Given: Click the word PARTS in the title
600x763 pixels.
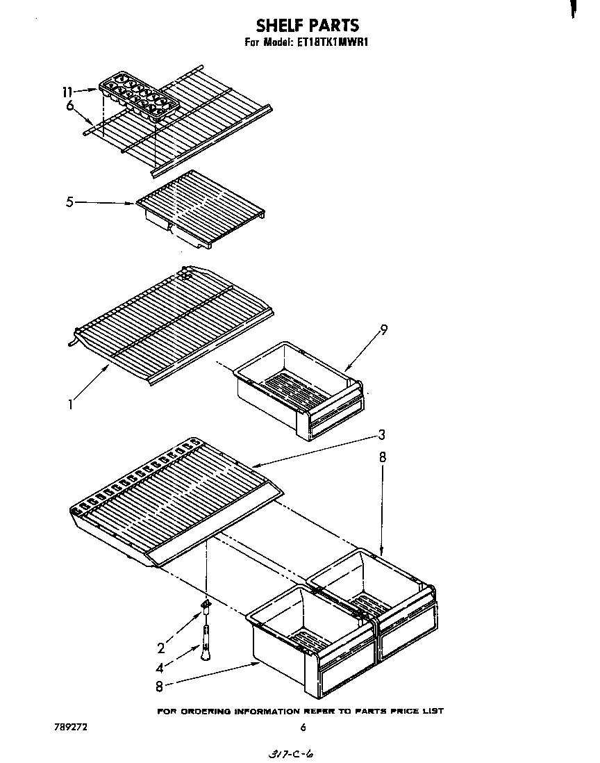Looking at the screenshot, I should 333,26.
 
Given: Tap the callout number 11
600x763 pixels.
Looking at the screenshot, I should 67,91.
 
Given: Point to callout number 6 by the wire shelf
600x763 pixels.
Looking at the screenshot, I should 69,106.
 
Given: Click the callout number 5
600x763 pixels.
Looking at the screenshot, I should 69,203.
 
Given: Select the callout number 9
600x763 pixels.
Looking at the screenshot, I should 383,330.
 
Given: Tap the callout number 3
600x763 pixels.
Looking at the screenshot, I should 382,435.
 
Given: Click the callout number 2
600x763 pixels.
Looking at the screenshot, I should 161,648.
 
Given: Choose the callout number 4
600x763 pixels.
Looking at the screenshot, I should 160,669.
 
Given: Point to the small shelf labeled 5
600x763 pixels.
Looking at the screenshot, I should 201,208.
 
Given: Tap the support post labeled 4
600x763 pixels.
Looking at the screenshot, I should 206,643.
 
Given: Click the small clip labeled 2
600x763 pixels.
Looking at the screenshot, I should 206,607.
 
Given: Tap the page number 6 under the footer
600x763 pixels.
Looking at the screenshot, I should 303,728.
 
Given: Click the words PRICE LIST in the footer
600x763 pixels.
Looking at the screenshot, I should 419,711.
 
